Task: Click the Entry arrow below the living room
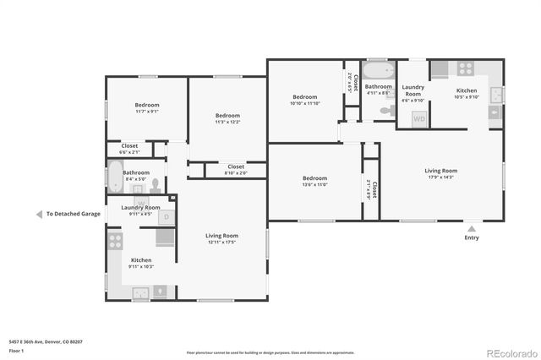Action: [x=471, y=227]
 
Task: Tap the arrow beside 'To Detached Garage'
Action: [x=39, y=214]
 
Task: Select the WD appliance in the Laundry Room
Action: [x=419, y=119]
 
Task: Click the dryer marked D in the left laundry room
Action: [x=167, y=217]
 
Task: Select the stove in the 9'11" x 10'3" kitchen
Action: [x=115, y=242]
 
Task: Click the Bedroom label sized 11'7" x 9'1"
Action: [x=146, y=106]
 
